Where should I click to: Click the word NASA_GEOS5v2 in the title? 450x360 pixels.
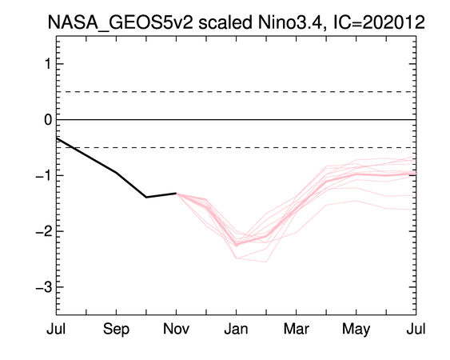point(121,22)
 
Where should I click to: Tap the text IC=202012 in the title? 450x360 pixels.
point(379,22)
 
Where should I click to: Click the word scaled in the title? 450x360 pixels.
point(225,22)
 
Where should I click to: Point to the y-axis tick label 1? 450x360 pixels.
point(48,63)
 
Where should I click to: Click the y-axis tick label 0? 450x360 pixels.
point(48,119)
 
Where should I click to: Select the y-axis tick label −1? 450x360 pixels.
point(44,175)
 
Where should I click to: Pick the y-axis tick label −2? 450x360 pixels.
point(44,231)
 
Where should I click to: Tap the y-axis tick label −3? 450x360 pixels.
point(44,287)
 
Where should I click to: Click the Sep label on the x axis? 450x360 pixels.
point(116,330)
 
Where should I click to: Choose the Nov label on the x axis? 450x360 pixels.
point(176,329)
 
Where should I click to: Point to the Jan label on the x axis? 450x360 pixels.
point(236,329)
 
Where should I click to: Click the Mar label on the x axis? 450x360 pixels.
point(297,329)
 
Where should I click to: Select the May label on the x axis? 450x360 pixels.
point(356,330)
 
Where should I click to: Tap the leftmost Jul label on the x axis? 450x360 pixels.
point(56,329)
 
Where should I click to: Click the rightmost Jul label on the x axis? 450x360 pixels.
point(416,329)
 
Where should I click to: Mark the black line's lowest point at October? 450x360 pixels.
point(146,197)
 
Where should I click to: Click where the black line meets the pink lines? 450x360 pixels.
point(176,193)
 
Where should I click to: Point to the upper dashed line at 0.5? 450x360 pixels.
point(236,92)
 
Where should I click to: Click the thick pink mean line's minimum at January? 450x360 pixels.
point(237,245)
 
